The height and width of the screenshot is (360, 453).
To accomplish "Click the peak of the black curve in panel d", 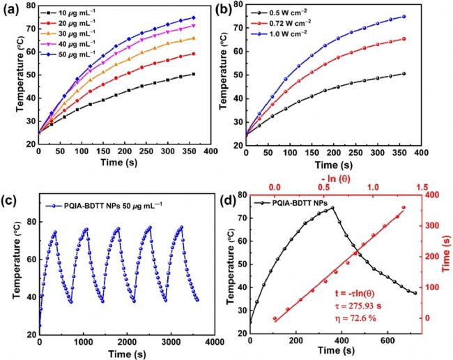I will click(332, 207).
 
